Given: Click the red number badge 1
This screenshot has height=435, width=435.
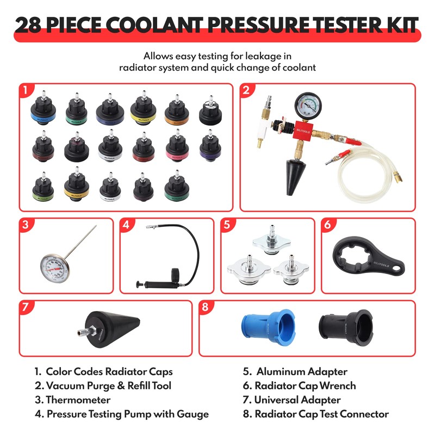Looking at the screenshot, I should pos(25,89).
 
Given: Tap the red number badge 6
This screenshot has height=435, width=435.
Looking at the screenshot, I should pos(327,224).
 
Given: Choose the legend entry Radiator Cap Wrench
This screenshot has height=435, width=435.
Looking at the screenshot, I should pos(306,386).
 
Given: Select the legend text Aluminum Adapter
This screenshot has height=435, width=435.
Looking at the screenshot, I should pos(301,372).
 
